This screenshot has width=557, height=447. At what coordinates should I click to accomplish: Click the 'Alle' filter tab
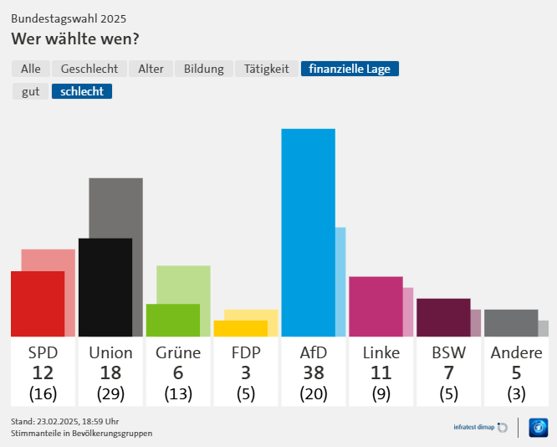(x=31, y=69)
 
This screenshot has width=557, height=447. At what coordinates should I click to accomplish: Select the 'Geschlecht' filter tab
(x=89, y=69)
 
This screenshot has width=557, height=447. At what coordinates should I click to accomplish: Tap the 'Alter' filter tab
(x=151, y=69)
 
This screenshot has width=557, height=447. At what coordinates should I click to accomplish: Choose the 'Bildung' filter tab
(x=204, y=69)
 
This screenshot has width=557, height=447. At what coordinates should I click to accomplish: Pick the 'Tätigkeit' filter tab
(x=267, y=69)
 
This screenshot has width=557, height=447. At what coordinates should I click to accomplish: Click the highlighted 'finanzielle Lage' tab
(x=350, y=69)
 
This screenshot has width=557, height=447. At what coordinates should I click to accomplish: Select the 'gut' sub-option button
(x=31, y=91)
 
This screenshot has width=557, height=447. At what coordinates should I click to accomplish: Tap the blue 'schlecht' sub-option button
(x=82, y=91)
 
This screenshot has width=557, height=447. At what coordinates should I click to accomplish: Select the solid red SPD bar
(x=38, y=304)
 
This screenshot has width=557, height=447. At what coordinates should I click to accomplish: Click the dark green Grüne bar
(x=173, y=320)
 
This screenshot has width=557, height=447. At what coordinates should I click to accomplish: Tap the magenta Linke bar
(x=376, y=306)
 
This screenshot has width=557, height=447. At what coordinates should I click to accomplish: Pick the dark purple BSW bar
(x=443, y=317)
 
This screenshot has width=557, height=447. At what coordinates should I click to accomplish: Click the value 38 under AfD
(x=314, y=373)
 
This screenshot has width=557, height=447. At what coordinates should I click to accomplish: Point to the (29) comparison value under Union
(x=110, y=393)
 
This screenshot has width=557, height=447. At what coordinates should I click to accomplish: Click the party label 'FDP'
(x=246, y=352)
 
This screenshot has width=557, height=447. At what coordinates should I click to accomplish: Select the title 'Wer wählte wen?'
(x=75, y=39)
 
